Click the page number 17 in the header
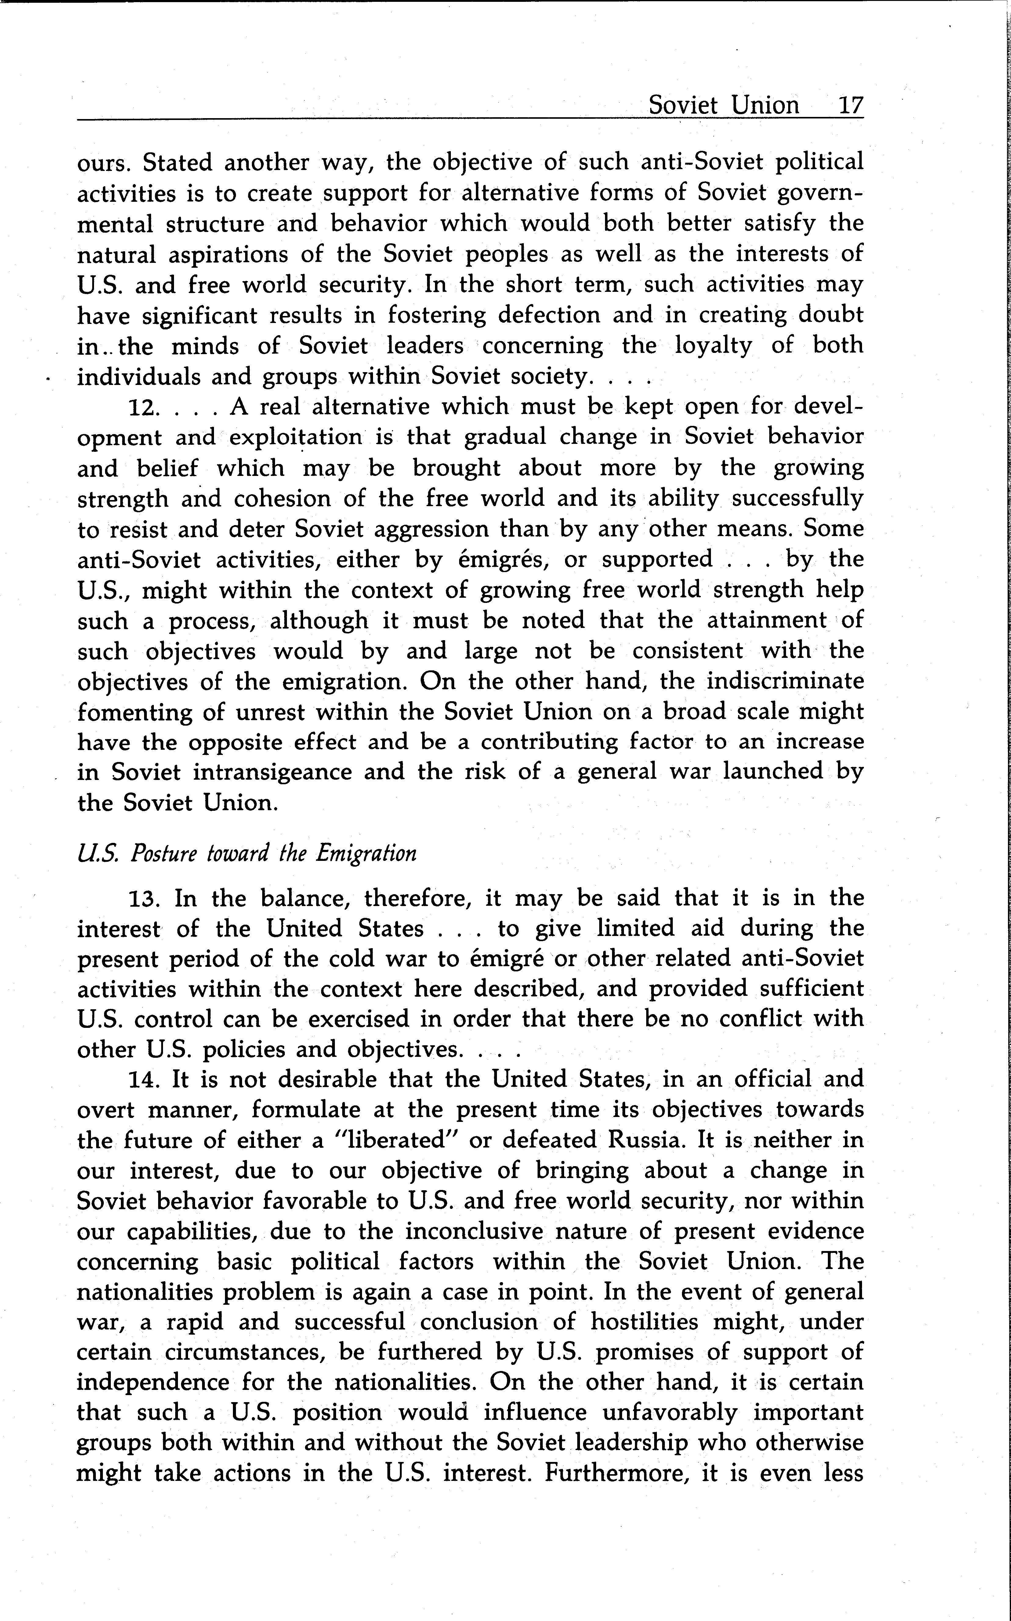click(850, 106)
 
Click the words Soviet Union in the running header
click(724, 106)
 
